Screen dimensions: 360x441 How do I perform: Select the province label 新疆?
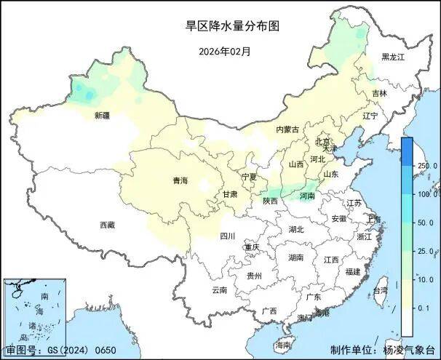click(x=102, y=115)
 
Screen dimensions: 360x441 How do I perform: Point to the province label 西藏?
click(x=107, y=225)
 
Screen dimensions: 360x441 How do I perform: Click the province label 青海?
click(x=180, y=180)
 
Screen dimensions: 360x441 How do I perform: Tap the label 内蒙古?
click(x=287, y=129)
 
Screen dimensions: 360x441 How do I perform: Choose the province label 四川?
click(x=227, y=236)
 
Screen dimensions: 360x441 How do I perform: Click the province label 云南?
click(x=219, y=289)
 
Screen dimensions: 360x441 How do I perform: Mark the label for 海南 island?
click(x=283, y=344)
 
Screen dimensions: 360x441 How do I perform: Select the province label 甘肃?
click(x=230, y=194)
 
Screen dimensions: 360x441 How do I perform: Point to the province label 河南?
click(x=307, y=196)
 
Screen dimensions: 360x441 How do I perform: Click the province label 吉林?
click(x=379, y=94)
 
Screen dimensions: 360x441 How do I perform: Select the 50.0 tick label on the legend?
click(x=424, y=223)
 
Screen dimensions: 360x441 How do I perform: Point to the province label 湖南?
click(x=295, y=257)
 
